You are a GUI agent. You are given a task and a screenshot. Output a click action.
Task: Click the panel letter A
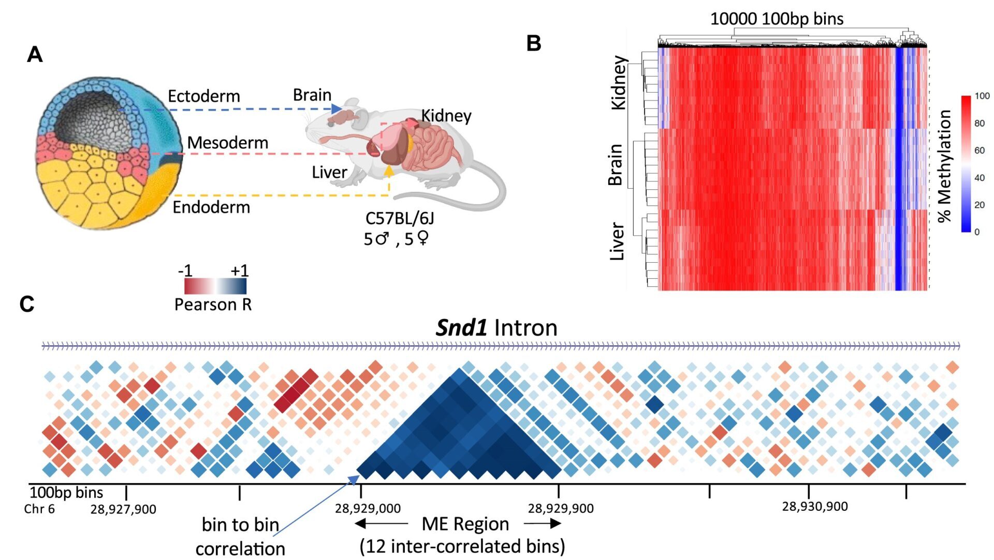click(x=35, y=54)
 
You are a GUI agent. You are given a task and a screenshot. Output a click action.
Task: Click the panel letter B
click(x=534, y=43)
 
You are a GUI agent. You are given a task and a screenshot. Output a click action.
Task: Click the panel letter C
click(x=27, y=304)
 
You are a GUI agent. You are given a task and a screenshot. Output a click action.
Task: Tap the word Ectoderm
click(x=204, y=96)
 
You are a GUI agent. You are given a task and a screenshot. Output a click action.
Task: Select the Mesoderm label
click(x=228, y=143)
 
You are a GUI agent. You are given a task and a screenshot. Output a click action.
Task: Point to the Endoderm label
click(x=211, y=207)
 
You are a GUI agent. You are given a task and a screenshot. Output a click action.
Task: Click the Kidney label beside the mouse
click(x=446, y=116)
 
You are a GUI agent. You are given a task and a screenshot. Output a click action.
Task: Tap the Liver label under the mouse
click(x=329, y=172)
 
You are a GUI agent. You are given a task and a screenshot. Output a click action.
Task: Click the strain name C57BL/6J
click(x=400, y=218)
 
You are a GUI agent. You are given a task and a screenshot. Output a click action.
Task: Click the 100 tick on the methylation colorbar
click(x=982, y=96)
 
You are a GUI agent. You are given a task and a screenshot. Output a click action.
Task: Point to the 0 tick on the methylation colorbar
click(x=977, y=232)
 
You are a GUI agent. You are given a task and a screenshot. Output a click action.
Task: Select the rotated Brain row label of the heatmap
click(x=616, y=165)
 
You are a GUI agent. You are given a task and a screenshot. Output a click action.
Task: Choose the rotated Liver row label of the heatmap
click(x=617, y=241)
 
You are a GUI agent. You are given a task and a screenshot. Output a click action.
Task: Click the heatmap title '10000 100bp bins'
click(x=777, y=19)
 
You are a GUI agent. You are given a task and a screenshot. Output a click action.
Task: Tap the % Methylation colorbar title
click(x=945, y=166)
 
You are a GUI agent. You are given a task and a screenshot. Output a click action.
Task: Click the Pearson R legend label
click(x=213, y=305)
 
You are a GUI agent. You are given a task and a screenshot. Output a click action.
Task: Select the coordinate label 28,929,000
click(x=368, y=509)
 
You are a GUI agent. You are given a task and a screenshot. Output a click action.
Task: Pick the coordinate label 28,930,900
click(x=815, y=507)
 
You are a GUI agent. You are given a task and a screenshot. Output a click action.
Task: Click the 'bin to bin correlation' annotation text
click(x=240, y=536)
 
